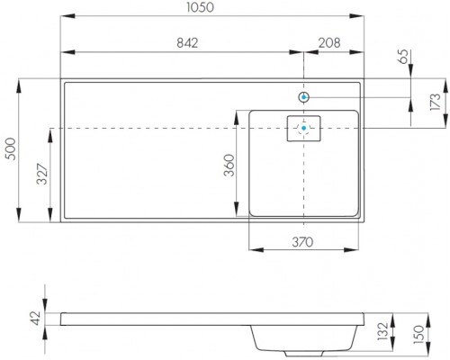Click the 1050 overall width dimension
[212, 8]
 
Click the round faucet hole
[304, 95]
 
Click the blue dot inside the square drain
[304, 129]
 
